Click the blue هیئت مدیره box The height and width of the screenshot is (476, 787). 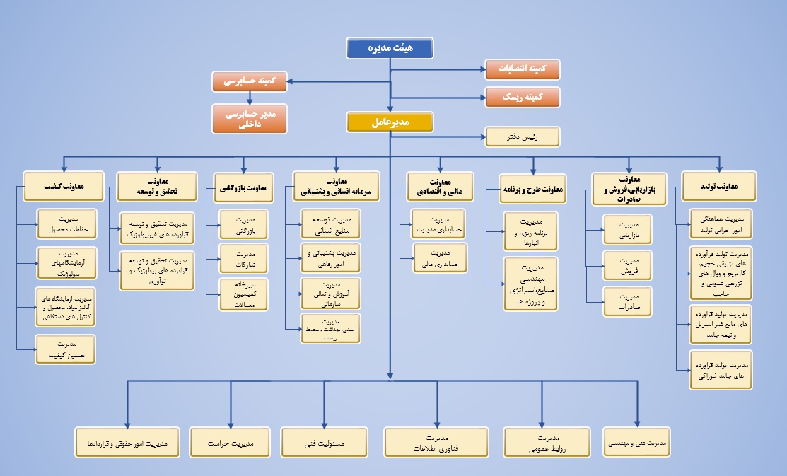pos(389,48)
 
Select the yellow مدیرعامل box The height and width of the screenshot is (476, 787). pos(389,122)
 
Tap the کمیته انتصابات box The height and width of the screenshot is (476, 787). pos(522,69)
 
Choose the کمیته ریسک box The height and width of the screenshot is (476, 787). pos(522,97)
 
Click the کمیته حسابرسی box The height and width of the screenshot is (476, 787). pos(250,81)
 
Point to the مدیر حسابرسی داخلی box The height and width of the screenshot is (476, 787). pos(250,118)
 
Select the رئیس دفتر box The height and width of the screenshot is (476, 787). pos(522,136)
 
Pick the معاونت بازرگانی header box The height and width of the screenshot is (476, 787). pos(243,187)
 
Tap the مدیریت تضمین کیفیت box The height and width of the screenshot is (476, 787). pos(66,349)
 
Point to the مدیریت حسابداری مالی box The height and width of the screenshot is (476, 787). pos(440,258)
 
